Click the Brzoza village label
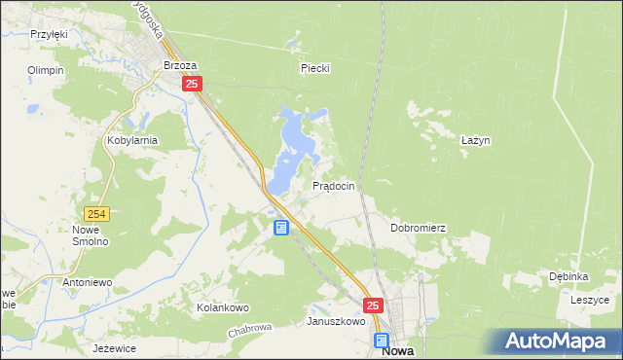180,66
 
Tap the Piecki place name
315,68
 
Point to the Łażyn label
474,140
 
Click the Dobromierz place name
418,228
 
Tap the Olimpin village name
46,71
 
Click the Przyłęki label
48,34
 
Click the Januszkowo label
336,321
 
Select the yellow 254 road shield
95,214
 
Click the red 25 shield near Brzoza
192,85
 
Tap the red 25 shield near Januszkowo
373,305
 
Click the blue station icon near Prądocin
281,228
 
